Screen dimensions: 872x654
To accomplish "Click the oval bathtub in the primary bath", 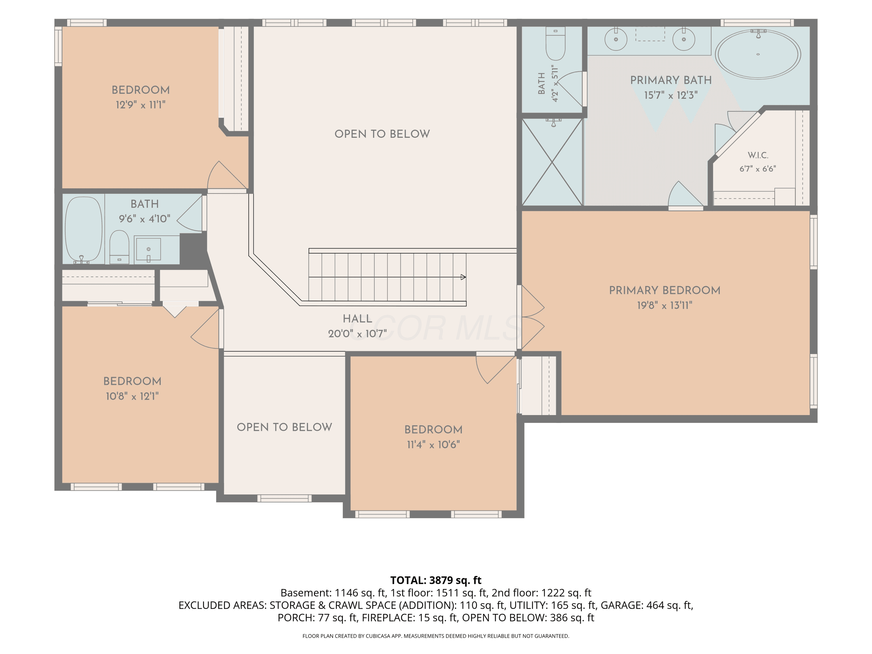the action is [x=758, y=54].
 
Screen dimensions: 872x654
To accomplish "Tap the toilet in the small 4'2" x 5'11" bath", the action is [x=555, y=43].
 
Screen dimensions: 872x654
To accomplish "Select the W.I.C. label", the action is [x=758, y=155].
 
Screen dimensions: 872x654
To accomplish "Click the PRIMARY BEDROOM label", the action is [x=665, y=291].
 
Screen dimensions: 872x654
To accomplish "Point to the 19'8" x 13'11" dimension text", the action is [x=665, y=305].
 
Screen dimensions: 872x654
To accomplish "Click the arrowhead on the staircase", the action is [x=463, y=277].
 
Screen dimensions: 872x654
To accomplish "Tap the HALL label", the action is [x=357, y=319].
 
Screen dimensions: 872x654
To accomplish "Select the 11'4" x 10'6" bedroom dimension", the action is [x=433, y=445].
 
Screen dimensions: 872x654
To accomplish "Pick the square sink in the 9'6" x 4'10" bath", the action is [x=148, y=249].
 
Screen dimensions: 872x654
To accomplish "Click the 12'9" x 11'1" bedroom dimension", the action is [x=140, y=105].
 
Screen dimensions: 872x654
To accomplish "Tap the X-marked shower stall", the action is [x=552, y=162].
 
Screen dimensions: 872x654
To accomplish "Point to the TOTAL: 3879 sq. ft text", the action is [x=436, y=580].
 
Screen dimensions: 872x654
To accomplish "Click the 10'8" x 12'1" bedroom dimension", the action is [x=132, y=396].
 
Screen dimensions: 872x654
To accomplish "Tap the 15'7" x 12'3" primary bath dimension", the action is [x=671, y=95].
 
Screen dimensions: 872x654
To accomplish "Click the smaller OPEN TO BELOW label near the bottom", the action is [x=284, y=427].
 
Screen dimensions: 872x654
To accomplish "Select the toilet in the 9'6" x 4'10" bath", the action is [x=119, y=247].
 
